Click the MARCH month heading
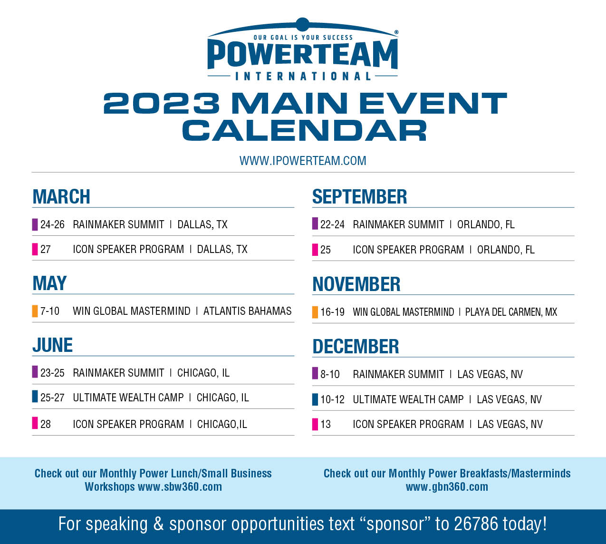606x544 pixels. pyautogui.click(x=61, y=196)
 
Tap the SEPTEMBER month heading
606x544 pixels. pyautogui.click(x=359, y=196)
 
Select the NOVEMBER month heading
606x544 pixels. pyautogui.click(x=356, y=284)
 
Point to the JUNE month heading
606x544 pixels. pyautogui.click(x=52, y=345)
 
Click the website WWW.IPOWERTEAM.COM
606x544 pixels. pyautogui.click(x=303, y=161)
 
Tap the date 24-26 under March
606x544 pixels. pyautogui.click(x=52, y=224)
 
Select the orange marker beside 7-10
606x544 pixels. pyautogui.click(x=35, y=311)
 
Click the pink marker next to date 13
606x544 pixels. pyautogui.click(x=315, y=424)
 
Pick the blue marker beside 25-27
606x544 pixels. pyautogui.click(x=35, y=397)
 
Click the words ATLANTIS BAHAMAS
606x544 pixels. pyautogui.click(x=247, y=311)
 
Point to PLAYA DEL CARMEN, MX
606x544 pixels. pyautogui.click(x=511, y=312)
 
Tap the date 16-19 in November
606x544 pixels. pyautogui.click(x=332, y=312)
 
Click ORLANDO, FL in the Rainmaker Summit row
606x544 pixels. pyautogui.click(x=486, y=224)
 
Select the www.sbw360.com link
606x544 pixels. pyautogui.click(x=180, y=487)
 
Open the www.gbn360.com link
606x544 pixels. pyautogui.click(x=447, y=487)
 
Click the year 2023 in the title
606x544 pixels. pyautogui.click(x=162, y=103)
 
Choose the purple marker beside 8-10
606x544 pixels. pyautogui.click(x=315, y=373)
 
